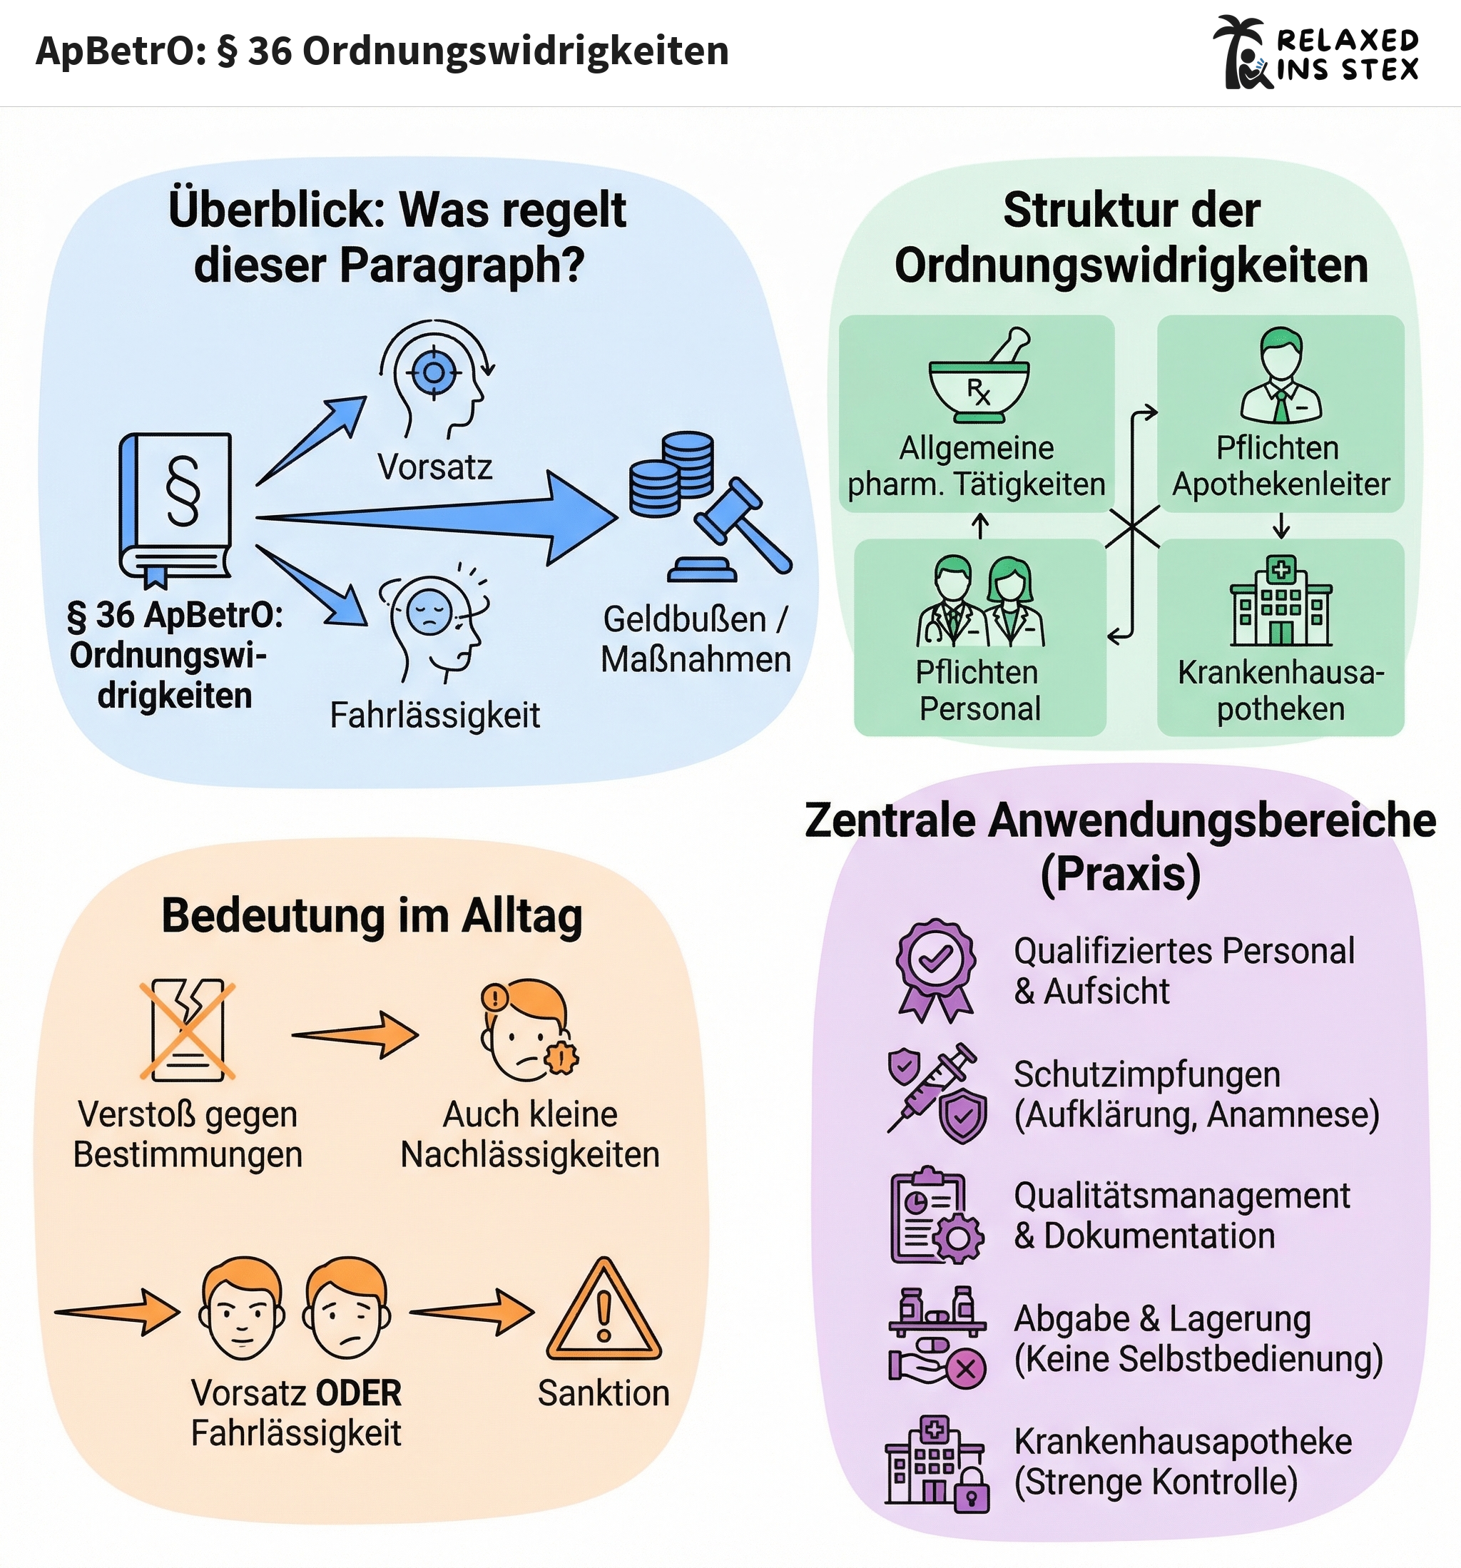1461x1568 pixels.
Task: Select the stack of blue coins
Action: click(671, 472)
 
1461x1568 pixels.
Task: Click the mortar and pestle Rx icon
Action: click(979, 379)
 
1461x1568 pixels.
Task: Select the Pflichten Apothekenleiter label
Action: click(1281, 465)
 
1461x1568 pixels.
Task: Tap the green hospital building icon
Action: click(1281, 603)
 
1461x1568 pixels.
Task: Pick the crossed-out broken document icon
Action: click(187, 1029)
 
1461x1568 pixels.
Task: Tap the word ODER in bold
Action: click(359, 1394)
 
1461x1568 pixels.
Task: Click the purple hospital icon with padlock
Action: click(936, 1464)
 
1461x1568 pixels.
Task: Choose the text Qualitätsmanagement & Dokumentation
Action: click(1181, 1216)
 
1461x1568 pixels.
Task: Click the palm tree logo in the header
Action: click(1243, 52)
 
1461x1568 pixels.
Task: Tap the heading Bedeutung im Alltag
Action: click(372, 917)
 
